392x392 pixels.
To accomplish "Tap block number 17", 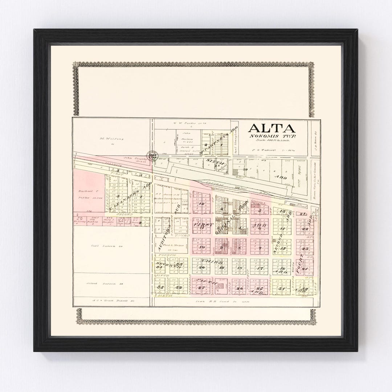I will click(x=260, y=269).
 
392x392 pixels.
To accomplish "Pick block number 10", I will click(x=202, y=248).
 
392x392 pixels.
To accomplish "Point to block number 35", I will click(x=160, y=287).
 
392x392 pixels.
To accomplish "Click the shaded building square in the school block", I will click(x=221, y=286).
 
